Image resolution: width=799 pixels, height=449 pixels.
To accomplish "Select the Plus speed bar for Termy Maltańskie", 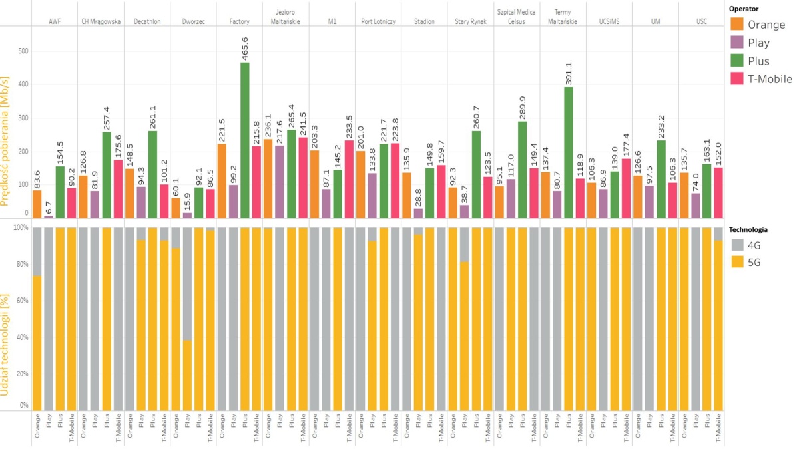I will click(x=569, y=152).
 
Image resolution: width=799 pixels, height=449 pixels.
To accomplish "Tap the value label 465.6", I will click(x=246, y=48).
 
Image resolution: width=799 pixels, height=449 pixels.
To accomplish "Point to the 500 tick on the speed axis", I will click(x=22, y=51).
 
